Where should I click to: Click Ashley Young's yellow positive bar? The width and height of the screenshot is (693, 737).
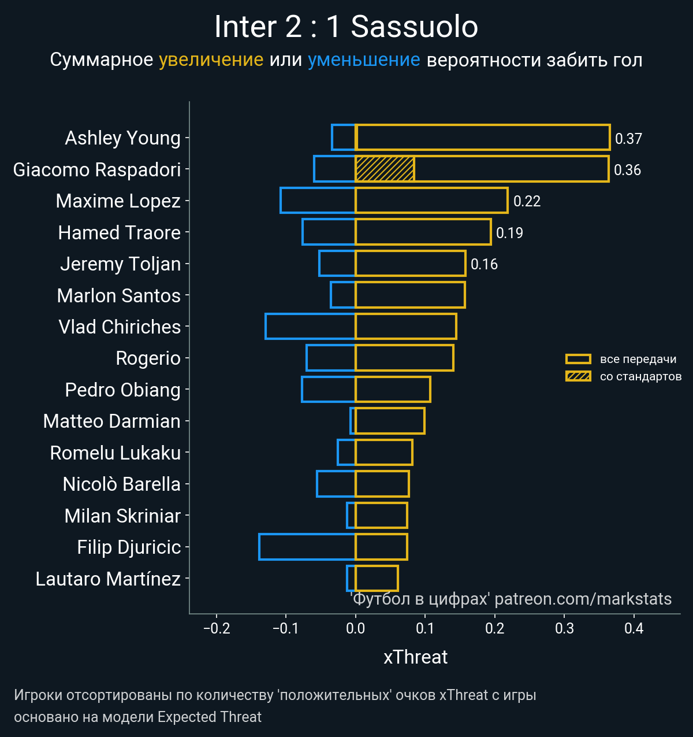coord(483,138)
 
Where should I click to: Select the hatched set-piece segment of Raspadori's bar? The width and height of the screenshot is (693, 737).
coord(385,169)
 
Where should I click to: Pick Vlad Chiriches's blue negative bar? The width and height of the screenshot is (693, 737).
coord(310,326)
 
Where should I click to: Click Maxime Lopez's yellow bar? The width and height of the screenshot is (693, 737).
coord(431,201)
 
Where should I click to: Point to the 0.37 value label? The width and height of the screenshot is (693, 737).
coord(628,139)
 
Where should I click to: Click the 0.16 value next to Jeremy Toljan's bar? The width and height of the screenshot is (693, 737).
coord(484,264)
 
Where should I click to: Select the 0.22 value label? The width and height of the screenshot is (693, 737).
coord(527,201)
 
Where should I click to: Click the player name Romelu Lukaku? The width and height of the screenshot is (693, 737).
coord(115,453)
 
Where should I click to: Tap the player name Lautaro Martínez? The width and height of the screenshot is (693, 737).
coord(108,579)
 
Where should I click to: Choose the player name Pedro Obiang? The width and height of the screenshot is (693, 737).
coord(122,390)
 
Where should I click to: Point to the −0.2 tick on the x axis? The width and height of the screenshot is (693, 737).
coord(217,628)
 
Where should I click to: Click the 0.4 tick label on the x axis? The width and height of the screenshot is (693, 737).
coord(634,628)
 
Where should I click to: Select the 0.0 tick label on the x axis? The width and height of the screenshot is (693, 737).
coord(355,628)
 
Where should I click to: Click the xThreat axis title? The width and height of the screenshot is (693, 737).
coord(415,657)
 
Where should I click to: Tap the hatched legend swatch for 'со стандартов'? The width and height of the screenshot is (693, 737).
coord(578,376)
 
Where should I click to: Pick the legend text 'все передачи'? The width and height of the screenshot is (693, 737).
coord(638,359)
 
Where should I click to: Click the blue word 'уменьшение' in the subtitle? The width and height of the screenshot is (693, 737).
coord(364,60)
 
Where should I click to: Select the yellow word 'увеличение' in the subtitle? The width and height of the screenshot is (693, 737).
coord(211,60)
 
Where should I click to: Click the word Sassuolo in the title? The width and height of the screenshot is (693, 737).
coord(414,27)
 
